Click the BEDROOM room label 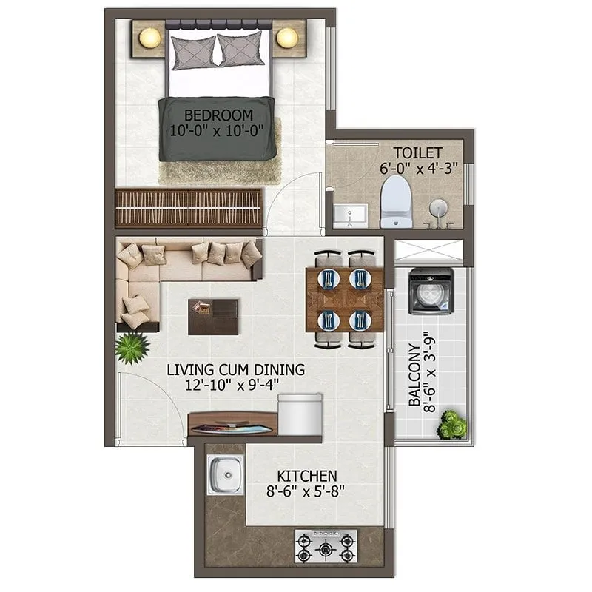pyautogui.click(x=218, y=115)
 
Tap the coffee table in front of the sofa pyautogui.click(x=213, y=317)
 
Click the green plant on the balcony pyautogui.click(x=451, y=425)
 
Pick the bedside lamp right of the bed pyautogui.click(x=286, y=36)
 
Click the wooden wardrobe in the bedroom pyautogui.click(x=189, y=209)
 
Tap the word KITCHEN pyautogui.click(x=307, y=475)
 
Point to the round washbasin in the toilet pyautogui.click(x=437, y=207)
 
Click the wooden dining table pyautogui.click(x=344, y=300)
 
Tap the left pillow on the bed pyautogui.click(x=193, y=50)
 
